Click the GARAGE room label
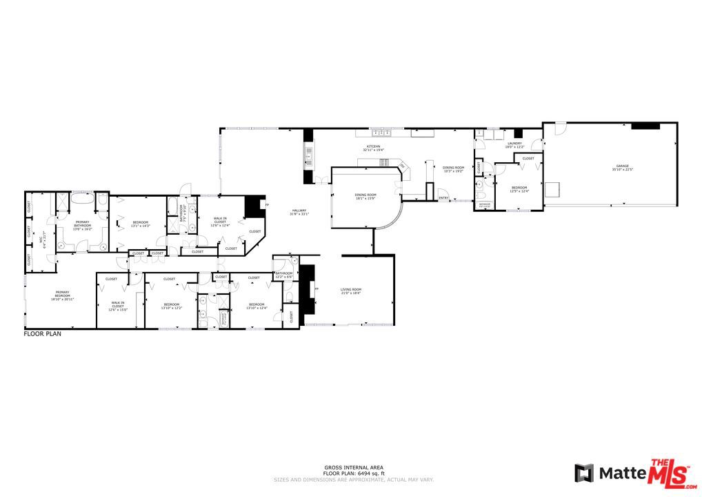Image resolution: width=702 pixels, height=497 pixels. point(622,166)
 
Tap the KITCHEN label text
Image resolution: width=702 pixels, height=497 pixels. point(373,147)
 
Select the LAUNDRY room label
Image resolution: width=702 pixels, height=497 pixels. point(514,144)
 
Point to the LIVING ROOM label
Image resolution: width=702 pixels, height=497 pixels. point(351,289)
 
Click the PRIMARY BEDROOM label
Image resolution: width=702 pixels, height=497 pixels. point(59,293)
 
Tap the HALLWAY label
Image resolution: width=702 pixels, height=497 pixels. point(299,211)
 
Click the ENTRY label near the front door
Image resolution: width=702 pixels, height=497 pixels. point(443,199)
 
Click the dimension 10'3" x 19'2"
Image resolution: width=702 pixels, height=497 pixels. point(453,171)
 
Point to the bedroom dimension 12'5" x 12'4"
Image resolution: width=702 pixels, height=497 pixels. point(519,191)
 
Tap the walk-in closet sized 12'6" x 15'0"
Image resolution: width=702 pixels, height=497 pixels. point(119,310)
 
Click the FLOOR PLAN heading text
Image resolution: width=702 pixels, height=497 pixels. point(43,333)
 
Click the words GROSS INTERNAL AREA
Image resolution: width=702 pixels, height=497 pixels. point(354,467)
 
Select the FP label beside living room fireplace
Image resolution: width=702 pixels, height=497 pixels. point(317,289)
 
